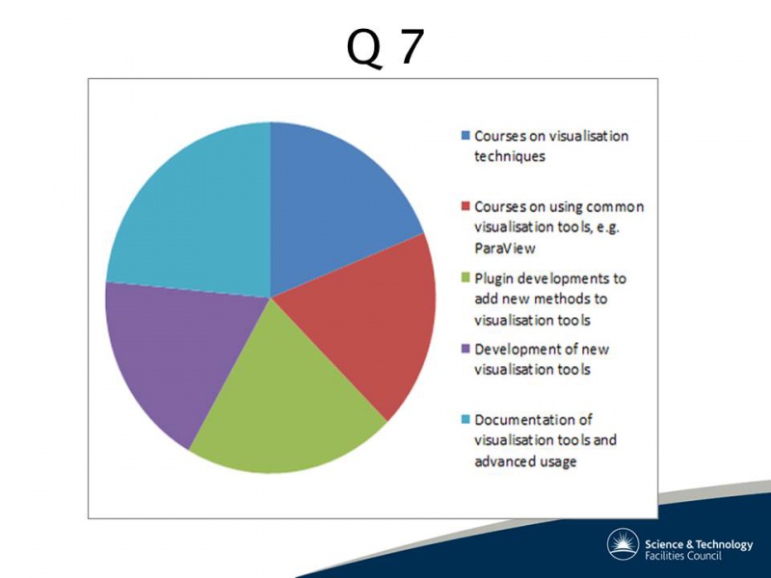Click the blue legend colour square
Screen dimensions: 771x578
point(465,135)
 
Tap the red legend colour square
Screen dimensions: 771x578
point(465,205)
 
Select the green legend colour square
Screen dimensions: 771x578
point(465,277)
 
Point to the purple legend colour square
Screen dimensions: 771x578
point(465,349)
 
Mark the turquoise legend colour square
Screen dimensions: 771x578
point(465,419)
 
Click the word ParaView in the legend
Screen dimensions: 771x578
point(504,249)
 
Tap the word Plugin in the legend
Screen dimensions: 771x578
point(493,279)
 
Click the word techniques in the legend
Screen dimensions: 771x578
point(510,157)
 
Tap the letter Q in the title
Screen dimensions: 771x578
point(364,49)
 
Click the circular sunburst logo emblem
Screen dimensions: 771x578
point(623,544)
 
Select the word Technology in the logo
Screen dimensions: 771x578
point(725,545)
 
